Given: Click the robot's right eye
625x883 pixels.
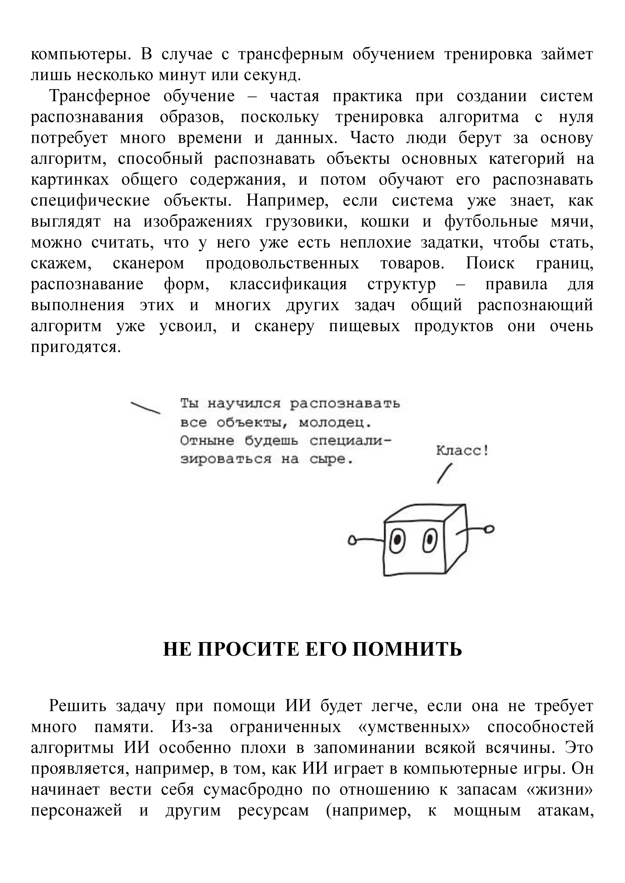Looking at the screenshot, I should coord(430,541).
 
